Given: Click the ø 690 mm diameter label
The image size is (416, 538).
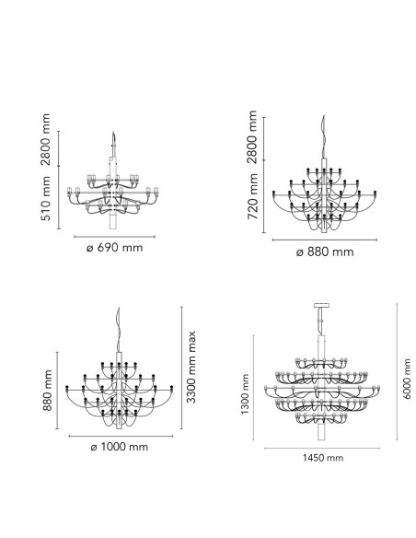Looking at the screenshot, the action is pyautogui.click(x=114, y=248).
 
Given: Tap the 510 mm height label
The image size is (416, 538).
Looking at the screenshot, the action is pyautogui.click(x=46, y=199).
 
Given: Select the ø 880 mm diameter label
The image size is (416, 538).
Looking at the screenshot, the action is pyautogui.click(x=325, y=252).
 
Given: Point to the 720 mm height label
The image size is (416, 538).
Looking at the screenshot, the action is pyautogui.click(x=253, y=196).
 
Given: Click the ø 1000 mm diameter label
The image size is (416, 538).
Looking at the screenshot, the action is pyautogui.click(x=120, y=447).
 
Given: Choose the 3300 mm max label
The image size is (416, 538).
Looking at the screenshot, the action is pyautogui.click(x=191, y=368).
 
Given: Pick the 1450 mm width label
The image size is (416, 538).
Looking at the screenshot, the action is pyautogui.click(x=322, y=458).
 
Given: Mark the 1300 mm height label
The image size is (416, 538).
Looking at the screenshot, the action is pyautogui.click(x=245, y=394).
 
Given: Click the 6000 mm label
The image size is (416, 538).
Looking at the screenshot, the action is pyautogui.click(x=407, y=379).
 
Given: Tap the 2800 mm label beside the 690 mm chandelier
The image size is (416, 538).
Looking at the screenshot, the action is pyautogui.click(x=46, y=139).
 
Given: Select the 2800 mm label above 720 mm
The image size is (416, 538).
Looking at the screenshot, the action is pyautogui.click(x=253, y=137).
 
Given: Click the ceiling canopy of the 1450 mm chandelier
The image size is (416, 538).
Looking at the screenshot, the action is pyautogui.click(x=321, y=305).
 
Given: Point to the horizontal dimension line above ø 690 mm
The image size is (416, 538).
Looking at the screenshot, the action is pyautogui.click(x=114, y=237).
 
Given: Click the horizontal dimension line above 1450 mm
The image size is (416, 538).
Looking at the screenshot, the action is pyautogui.click(x=322, y=448).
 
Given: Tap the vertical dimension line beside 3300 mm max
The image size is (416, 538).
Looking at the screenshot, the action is pyautogui.click(x=181, y=368).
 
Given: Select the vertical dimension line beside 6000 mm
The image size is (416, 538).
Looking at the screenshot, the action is pyautogui.click(x=398, y=371).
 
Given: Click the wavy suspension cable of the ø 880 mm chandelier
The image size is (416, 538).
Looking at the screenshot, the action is pyautogui.click(x=324, y=137).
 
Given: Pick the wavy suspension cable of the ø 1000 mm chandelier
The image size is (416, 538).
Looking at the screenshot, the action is pyautogui.click(x=119, y=330).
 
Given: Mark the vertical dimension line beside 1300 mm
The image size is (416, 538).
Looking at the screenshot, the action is pyautogui.click(x=254, y=387).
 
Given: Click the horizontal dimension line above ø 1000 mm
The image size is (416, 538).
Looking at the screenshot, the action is pyautogui.click(x=121, y=436).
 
